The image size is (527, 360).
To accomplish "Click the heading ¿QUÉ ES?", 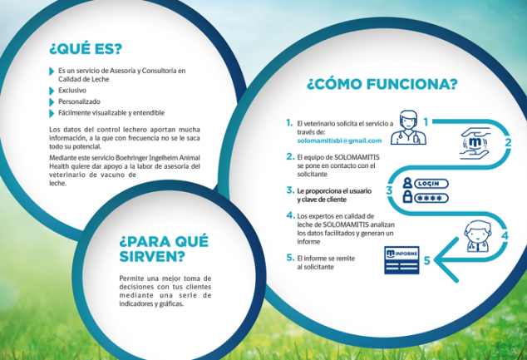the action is click(86, 49).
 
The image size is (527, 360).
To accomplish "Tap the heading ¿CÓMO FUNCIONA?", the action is click(382, 84).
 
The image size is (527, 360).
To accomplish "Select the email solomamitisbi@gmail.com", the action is click(339, 141).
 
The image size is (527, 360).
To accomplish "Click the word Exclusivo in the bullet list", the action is click(72, 91).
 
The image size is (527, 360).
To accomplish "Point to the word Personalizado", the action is click(79, 101).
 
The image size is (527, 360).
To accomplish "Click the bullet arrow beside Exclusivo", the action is click(52, 91).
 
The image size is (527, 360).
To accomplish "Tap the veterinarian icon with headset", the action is click(408, 128).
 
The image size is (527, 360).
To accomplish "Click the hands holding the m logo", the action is click(475, 143).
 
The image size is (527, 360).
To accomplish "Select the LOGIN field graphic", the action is click(431, 184).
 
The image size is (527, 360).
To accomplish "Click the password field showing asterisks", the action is click(431, 198).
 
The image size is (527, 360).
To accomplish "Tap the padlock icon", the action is click(407, 197).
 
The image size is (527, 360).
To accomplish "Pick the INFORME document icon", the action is click(401, 260).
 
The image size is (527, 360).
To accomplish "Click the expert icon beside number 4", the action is click(477, 236).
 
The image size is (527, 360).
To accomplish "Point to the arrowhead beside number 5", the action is click(443, 260).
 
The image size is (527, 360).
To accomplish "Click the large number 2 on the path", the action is click(508, 142).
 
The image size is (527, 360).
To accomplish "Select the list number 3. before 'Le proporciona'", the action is click(290, 190).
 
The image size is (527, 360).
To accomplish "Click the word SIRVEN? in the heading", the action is click(152, 257).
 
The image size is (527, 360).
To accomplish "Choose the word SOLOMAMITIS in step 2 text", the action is click(357, 157).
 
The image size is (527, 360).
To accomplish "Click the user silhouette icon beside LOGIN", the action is click(407, 183).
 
